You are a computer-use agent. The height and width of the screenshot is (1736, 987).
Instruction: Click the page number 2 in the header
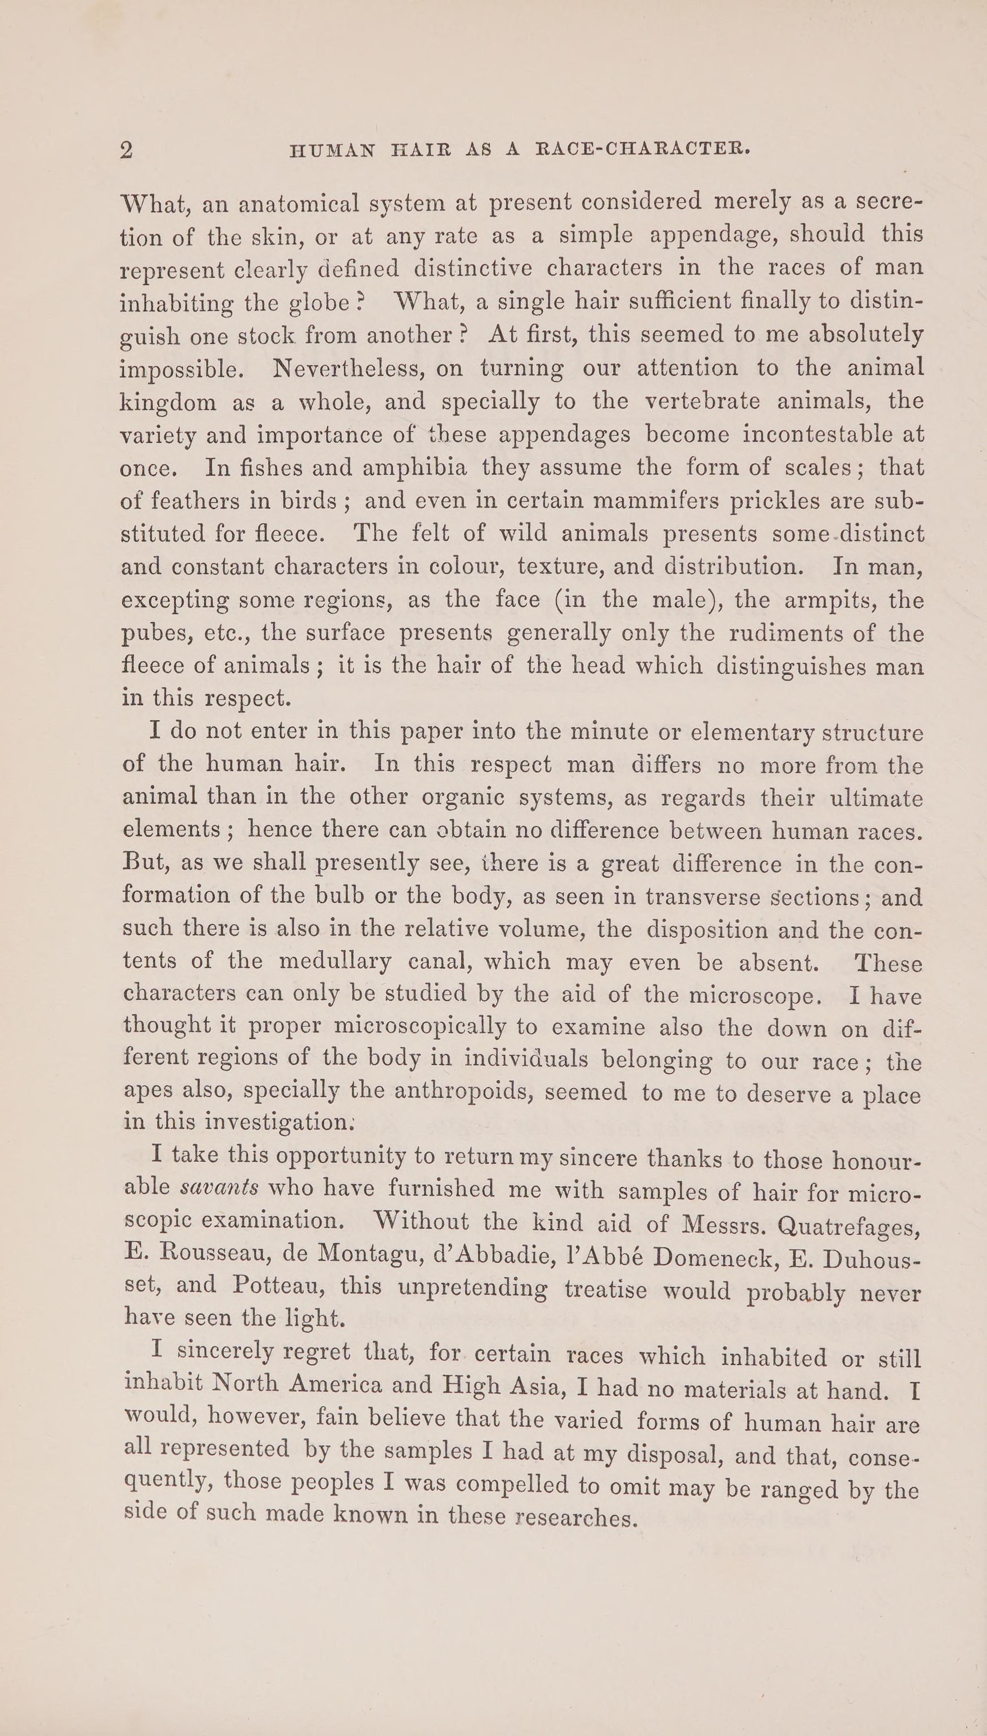pyautogui.click(x=126, y=150)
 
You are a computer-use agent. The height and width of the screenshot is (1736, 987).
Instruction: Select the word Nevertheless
pyautogui.click(x=347, y=369)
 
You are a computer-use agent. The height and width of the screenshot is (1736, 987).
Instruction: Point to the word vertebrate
pyautogui.click(x=702, y=401)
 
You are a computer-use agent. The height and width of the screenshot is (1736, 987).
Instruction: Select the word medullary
pyautogui.click(x=335, y=962)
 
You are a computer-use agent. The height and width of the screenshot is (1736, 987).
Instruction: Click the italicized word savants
pyautogui.click(x=220, y=1187)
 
